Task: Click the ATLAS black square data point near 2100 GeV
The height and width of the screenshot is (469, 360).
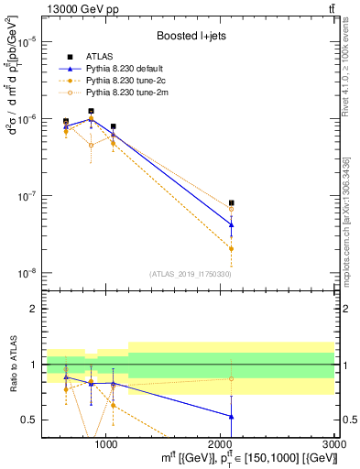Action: point(231,202)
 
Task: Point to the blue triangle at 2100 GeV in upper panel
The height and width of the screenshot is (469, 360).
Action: point(231,224)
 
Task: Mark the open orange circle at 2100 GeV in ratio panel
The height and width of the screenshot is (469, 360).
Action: point(231,378)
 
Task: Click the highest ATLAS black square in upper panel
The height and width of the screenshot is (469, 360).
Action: point(91,111)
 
